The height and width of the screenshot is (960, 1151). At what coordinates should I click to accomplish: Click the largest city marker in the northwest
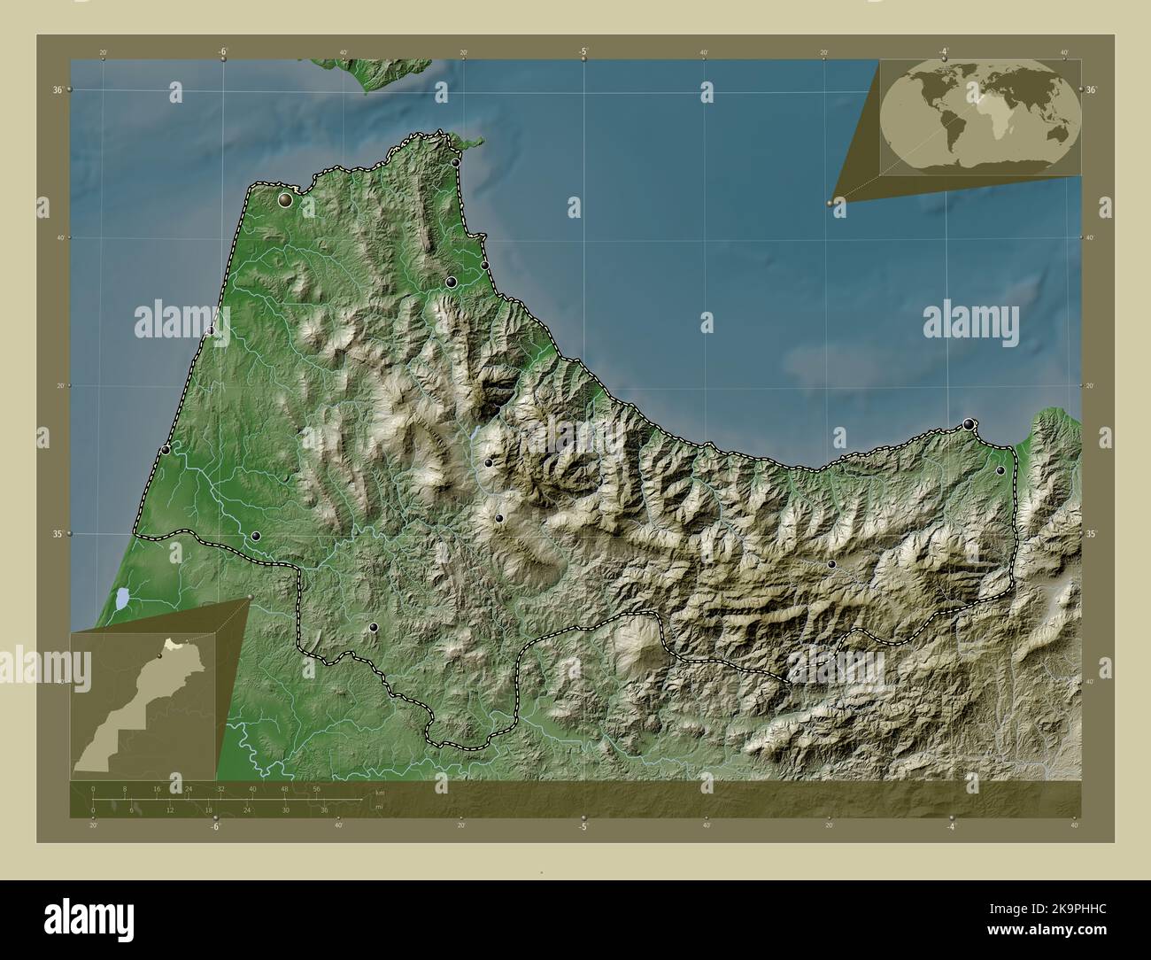click(285, 201)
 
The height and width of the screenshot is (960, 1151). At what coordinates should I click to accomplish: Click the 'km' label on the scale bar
click(379, 792)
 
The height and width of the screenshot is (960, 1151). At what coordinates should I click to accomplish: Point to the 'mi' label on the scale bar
click(379, 807)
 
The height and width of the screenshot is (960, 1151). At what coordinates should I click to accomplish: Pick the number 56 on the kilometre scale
click(316, 788)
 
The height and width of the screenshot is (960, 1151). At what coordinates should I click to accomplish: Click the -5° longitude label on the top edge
click(583, 51)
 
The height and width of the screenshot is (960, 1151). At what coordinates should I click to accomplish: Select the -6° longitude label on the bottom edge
click(213, 826)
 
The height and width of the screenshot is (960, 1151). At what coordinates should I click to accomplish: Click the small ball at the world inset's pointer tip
click(830, 203)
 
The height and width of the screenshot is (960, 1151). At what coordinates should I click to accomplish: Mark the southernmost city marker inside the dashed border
click(374, 627)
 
